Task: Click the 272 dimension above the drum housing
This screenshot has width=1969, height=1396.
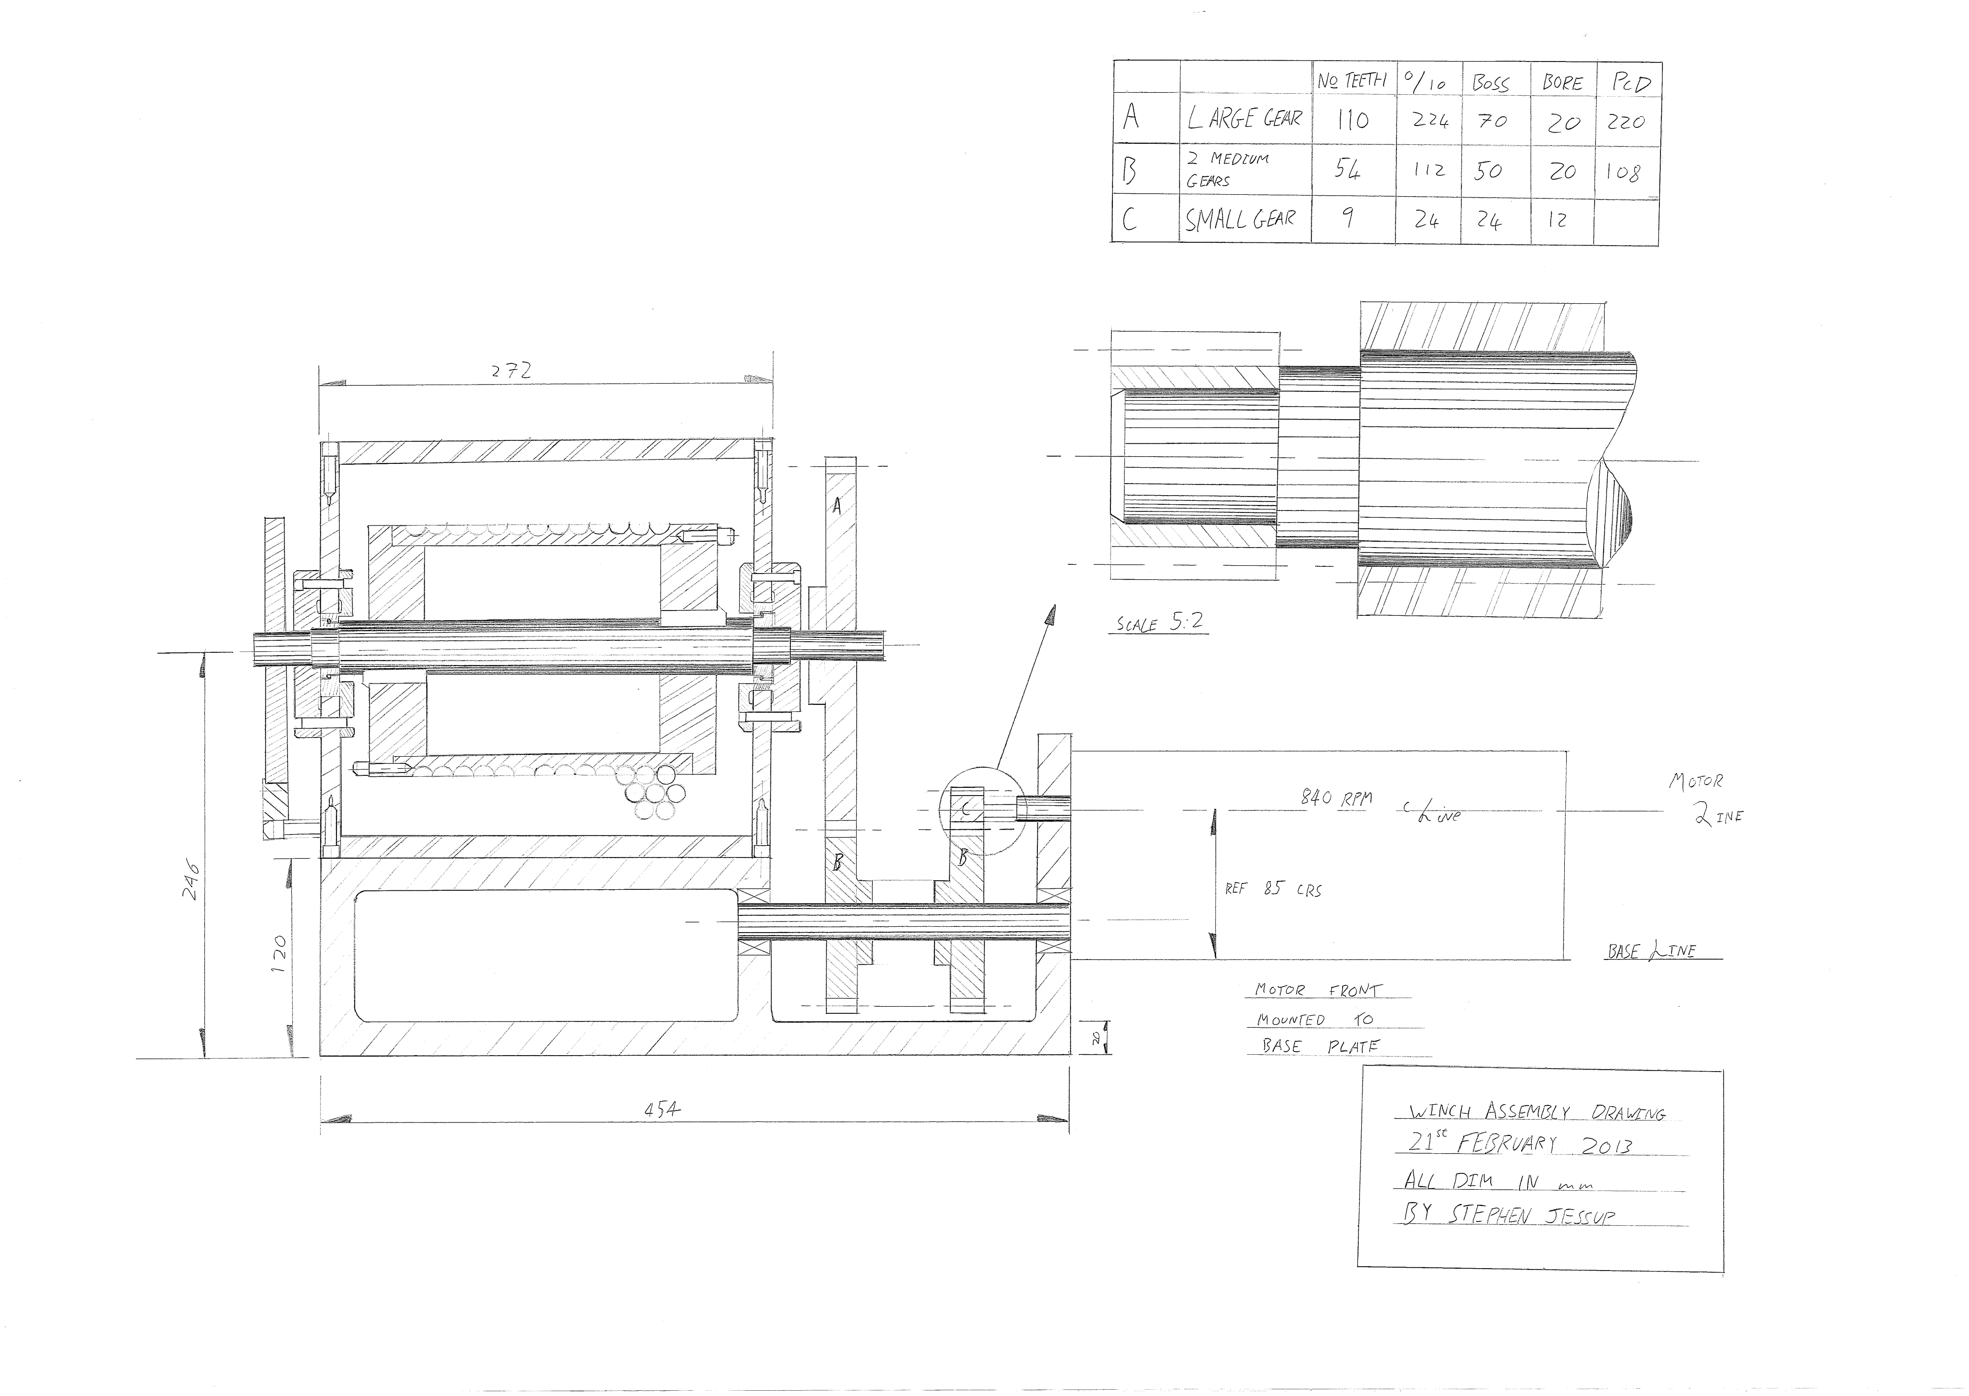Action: (x=511, y=371)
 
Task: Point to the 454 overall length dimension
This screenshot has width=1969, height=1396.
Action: (x=662, y=1110)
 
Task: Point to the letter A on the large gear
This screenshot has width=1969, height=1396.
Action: (x=836, y=507)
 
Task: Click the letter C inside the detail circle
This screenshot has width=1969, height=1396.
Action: (x=967, y=808)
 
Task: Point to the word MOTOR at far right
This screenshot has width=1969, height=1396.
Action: (x=1695, y=781)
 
